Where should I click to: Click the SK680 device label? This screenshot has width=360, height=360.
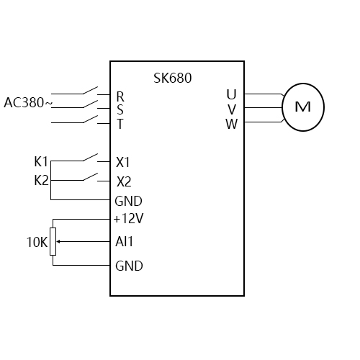click(173, 78)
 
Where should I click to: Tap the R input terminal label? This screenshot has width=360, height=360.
click(120, 96)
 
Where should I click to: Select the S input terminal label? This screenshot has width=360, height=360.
click(120, 110)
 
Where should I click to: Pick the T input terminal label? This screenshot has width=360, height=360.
click(120, 124)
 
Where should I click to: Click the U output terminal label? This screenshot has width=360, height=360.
click(231, 95)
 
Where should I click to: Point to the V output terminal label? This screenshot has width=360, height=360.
click(231, 109)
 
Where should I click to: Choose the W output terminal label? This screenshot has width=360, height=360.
click(231, 123)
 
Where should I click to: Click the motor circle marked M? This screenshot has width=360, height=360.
click(303, 107)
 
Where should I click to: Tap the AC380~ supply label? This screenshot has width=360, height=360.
click(28, 102)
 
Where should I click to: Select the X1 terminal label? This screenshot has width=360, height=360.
click(124, 161)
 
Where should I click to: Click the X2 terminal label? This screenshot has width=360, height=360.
click(124, 181)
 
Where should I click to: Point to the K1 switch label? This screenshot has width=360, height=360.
click(41, 161)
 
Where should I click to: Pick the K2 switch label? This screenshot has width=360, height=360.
click(41, 180)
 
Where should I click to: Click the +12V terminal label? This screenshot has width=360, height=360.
click(128, 218)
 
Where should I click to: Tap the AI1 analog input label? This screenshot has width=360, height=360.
click(125, 242)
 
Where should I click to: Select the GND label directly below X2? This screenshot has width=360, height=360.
click(129, 201)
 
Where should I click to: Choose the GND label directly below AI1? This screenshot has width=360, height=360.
click(129, 266)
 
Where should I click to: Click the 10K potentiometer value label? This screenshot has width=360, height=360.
click(37, 243)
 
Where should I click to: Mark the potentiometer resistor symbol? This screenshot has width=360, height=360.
click(53, 242)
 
